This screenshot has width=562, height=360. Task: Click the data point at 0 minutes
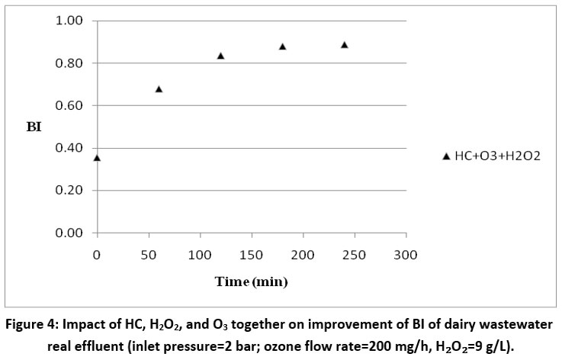(97, 158)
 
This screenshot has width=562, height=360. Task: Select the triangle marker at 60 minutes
(159, 89)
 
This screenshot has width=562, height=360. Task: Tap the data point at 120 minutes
(220, 56)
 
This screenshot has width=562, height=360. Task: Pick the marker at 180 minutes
(282, 47)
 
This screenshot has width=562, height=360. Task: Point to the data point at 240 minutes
(344, 45)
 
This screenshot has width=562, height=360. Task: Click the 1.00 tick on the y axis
(69, 21)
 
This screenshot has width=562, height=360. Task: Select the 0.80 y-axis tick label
(69, 63)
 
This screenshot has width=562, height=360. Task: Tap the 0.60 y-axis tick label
(69, 105)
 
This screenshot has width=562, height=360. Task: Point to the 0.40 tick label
(69, 148)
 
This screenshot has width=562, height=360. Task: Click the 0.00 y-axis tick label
(69, 233)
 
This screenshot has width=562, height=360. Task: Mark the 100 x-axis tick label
(200, 252)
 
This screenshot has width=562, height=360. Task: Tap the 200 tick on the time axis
(303, 252)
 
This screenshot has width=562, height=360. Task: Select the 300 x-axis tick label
(406, 252)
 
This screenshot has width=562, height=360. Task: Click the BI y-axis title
(34, 127)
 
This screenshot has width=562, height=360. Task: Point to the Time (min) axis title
(251, 282)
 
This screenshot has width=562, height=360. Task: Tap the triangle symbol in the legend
(446, 156)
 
